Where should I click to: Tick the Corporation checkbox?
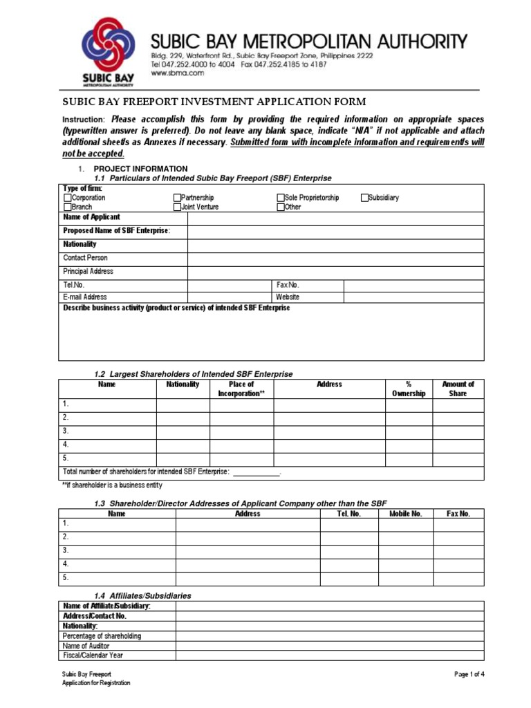pyautogui.click(x=68, y=198)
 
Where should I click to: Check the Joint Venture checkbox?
pyautogui.click(x=177, y=207)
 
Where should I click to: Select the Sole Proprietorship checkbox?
pyautogui.click(x=281, y=198)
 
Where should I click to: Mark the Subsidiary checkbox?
pyautogui.click(x=364, y=198)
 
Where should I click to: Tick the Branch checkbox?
pyautogui.click(x=68, y=207)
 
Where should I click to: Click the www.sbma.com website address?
pyautogui.click(x=168, y=73)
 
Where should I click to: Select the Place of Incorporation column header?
pyautogui.click(x=241, y=389)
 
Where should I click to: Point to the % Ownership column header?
pyautogui.click(x=409, y=389)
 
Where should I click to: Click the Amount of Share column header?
pyautogui.click(x=458, y=389)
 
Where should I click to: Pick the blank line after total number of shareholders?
pyautogui.click(x=256, y=473)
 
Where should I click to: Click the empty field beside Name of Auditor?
pyautogui.click(x=329, y=646)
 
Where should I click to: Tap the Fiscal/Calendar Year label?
pyautogui.click(x=93, y=655)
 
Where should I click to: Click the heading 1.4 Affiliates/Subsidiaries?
pyautogui.click(x=142, y=595)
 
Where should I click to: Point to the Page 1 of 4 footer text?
pyautogui.click(x=469, y=674)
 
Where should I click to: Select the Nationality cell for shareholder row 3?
pyautogui.click(x=183, y=431)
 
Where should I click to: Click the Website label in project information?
pyautogui.click(x=288, y=297)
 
